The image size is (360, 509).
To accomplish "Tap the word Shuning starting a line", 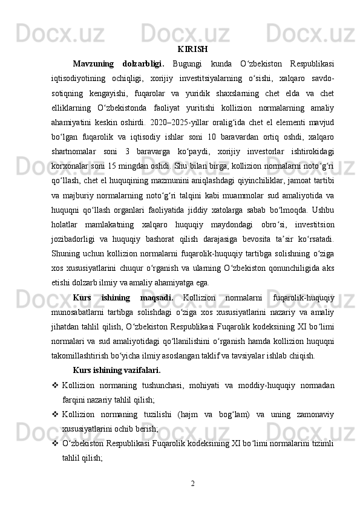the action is pos(87,257).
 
